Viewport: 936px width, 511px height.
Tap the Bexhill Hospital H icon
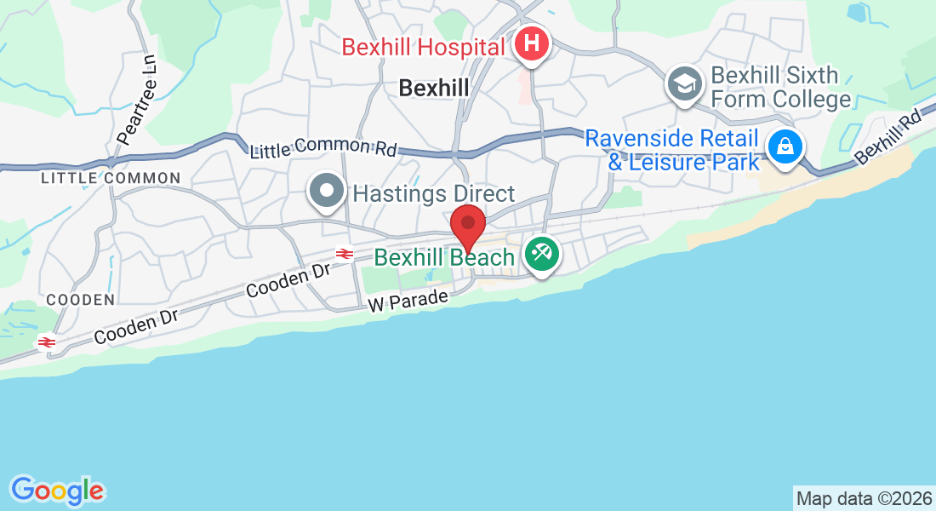click(532, 43)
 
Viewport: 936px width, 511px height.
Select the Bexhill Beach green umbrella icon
click(540, 254)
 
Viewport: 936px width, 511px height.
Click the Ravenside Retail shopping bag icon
click(783, 146)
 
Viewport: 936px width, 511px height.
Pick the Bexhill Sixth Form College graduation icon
click(684, 83)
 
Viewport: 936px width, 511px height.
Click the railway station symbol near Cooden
click(47, 342)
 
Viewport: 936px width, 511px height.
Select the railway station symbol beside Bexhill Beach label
click(345, 253)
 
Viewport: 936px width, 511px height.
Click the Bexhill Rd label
click(888, 136)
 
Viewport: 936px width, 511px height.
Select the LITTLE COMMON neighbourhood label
click(111, 178)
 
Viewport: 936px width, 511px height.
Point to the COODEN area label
click(80, 300)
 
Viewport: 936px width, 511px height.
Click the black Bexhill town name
click(434, 88)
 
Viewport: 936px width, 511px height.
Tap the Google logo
click(57, 491)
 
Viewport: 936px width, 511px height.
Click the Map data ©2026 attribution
click(863, 498)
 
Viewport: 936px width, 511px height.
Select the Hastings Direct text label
click(434, 193)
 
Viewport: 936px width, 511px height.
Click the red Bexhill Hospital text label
click(423, 46)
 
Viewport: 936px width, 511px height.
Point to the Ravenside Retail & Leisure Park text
click(672, 149)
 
